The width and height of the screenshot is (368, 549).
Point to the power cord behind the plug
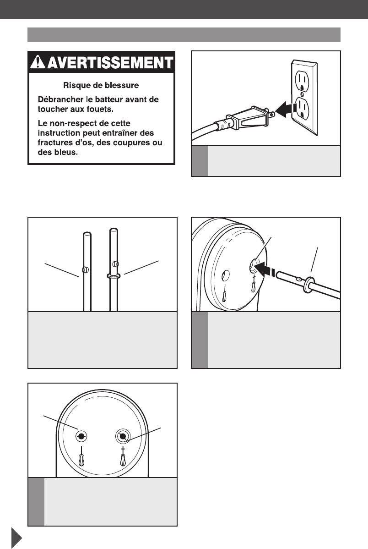[206, 129]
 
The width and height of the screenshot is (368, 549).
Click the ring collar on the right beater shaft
[113, 276]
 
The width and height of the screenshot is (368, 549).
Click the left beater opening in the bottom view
[82, 436]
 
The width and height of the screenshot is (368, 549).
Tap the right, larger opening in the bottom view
[123, 436]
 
